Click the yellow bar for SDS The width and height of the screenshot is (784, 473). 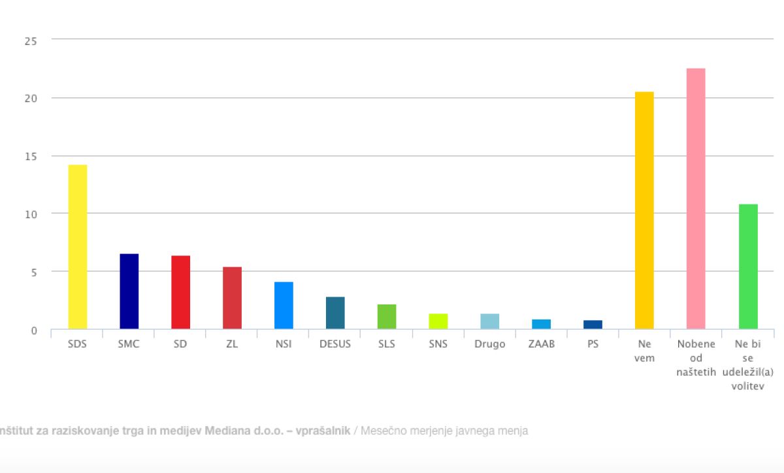[77, 247]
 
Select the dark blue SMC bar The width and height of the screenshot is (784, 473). [129, 291]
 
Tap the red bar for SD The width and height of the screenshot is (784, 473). [180, 292]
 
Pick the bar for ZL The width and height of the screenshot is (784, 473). [232, 298]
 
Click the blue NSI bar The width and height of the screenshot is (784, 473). [284, 306]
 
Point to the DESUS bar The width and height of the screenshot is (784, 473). [335, 313]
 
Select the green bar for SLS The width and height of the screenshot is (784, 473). [387, 317]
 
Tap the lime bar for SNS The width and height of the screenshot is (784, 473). [438, 321]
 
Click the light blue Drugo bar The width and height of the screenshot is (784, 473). [490, 321]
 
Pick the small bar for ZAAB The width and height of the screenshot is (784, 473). [542, 324]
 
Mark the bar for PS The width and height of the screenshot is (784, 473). [593, 325]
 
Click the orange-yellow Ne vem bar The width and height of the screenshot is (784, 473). [644, 210]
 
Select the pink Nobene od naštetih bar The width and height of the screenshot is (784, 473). [696, 199]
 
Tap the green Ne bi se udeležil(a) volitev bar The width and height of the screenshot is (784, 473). [748, 267]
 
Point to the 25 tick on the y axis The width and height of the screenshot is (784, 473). [31, 41]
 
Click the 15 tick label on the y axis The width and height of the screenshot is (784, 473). [31, 156]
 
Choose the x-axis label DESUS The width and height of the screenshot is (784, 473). [335, 344]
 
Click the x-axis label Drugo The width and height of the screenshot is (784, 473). [490, 344]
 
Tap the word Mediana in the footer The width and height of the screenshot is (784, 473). [230, 431]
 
